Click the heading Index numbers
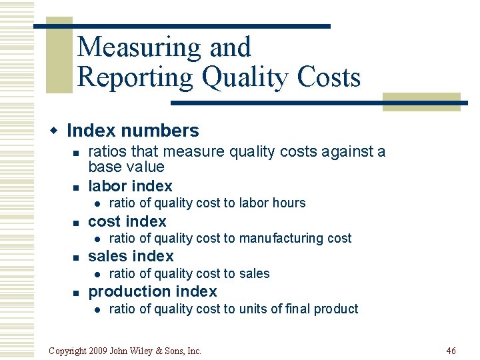[x=133, y=131]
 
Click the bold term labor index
[x=130, y=186]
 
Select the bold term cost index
[x=127, y=221]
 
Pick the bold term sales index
[x=131, y=256]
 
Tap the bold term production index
[x=152, y=291]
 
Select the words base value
[x=126, y=167]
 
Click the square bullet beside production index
[x=77, y=292]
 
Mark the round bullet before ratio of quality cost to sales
[x=97, y=274]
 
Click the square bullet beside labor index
[x=77, y=187]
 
